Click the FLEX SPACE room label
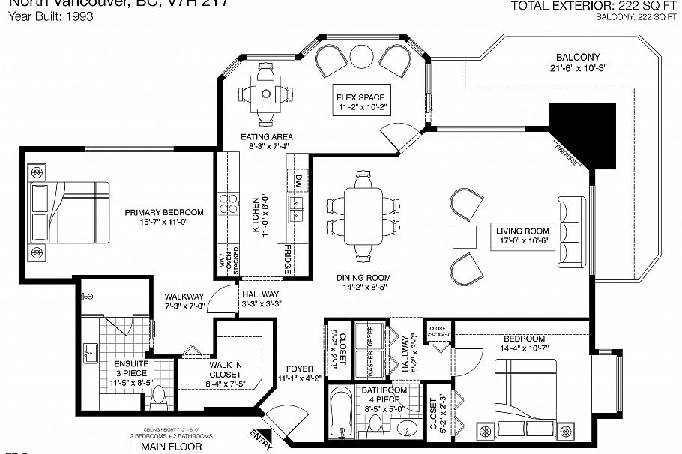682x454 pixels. pyautogui.click(x=360, y=97)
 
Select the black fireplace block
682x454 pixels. pyautogui.click(x=583, y=133)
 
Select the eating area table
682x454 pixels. pyautogui.click(x=266, y=95)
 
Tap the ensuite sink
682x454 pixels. pyautogui.click(x=91, y=352)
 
